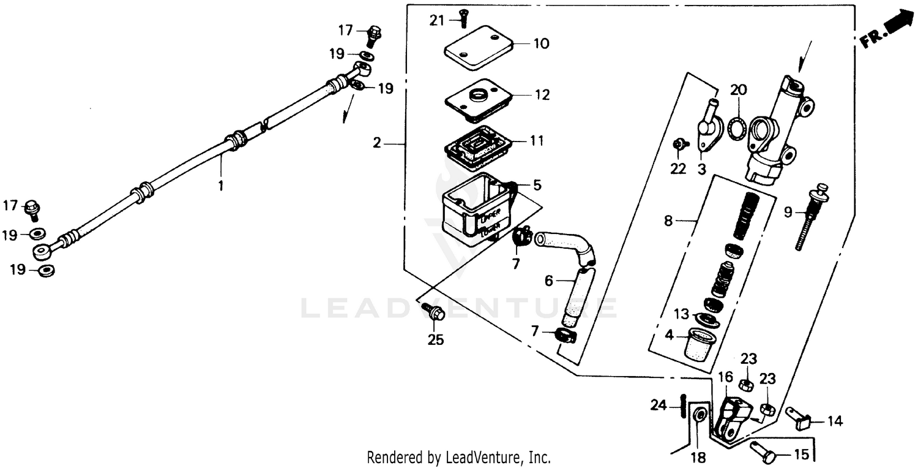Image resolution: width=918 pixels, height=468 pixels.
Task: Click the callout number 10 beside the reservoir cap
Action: tap(541, 44)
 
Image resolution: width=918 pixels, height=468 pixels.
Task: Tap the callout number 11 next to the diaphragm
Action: tap(536, 141)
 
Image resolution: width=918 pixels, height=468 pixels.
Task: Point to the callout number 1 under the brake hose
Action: tap(222, 183)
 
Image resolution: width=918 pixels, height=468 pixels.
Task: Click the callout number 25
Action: tap(435, 340)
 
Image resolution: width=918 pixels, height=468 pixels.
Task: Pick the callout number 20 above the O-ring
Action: tap(739, 91)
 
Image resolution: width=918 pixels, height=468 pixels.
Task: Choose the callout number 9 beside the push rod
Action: tap(788, 212)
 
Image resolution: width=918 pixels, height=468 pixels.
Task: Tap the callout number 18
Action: tap(698, 458)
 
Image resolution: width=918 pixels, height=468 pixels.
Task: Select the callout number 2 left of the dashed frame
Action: tap(377, 143)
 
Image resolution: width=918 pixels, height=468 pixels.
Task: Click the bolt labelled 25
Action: tap(434, 312)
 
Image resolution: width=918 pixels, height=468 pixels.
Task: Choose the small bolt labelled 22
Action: tap(678, 145)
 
